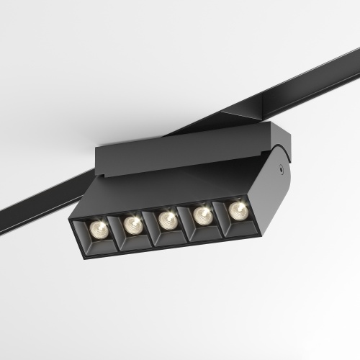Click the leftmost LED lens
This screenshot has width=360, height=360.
(x=99, y=230)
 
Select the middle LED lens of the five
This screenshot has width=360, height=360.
(x=167, y=219)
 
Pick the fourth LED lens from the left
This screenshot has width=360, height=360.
(x=202, y=214)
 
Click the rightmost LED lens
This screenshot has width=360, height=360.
(x=237, y=210)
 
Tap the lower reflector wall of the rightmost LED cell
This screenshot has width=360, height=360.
(x=238, y=224)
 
